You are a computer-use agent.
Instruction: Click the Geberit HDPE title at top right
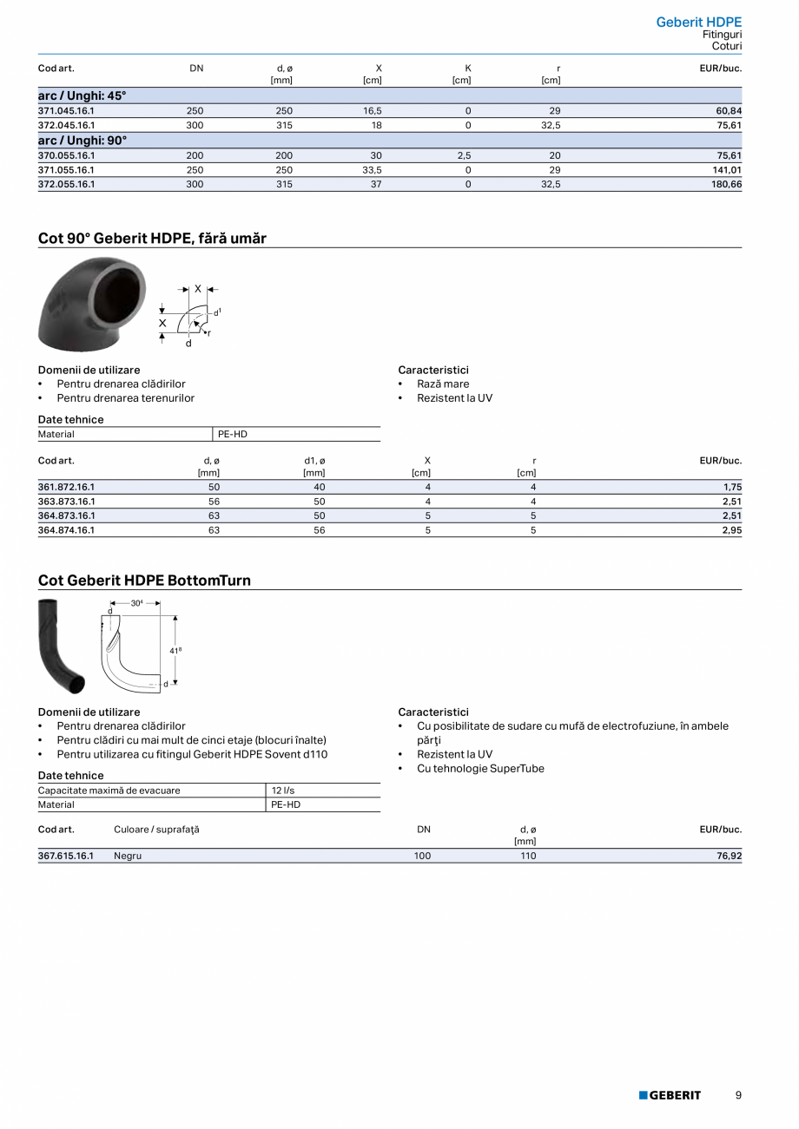(x=698, y=22)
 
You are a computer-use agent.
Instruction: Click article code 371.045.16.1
(x=66, y=111)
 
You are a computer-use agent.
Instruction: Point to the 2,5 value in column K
(x=467, y=155)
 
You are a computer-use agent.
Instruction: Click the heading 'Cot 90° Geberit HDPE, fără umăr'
(x=152, y=238)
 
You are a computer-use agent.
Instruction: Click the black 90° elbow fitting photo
(x=92, y=303)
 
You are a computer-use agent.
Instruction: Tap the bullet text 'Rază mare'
(x=442, y=384)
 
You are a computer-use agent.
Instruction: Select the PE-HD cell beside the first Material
(x=233, y=434)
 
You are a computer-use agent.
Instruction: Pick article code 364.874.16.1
(x=66, y=529)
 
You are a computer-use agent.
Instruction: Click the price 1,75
(x=731, y=487)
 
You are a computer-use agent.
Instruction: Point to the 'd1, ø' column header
(x=314, y=461)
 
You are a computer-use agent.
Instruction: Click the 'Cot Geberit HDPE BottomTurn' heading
(x=144, y=580)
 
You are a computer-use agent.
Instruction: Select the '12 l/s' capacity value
(x=283, y=791)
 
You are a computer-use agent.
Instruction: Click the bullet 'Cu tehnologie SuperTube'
(x=480, y=768)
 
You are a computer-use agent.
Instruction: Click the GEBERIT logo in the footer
(x=670, y=1095)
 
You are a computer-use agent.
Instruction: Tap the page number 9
(x=738, y=1095)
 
